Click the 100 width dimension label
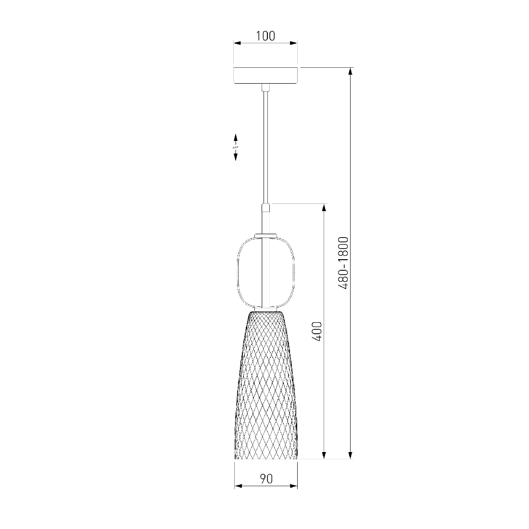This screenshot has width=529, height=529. [265, 36]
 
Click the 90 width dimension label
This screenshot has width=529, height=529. [266, 479]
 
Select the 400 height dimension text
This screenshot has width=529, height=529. [317, 331]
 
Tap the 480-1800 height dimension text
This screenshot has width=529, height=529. [343, 263]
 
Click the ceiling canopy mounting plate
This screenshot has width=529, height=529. [266, 75]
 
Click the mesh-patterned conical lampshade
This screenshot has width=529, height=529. [266, 385]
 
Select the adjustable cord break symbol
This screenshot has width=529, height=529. [236, 147]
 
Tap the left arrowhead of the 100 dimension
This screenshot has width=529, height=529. [237, 43]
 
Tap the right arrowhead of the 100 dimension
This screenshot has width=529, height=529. [294, 43]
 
